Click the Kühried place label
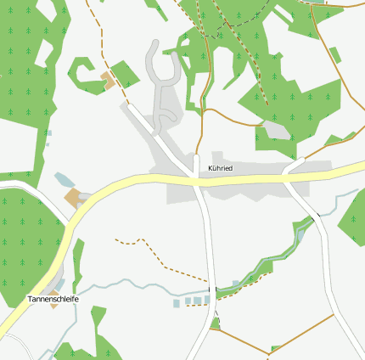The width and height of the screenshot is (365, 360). click(x=220, y=169)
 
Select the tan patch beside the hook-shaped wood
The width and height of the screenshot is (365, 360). click(x=108, y=81)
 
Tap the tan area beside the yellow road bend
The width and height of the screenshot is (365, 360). click(x=74, y=199)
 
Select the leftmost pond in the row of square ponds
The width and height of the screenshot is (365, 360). click(x=177, y=303)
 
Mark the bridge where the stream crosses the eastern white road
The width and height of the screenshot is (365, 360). click(x=315, y=219)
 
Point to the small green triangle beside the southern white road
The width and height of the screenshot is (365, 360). click(x=215, y=323)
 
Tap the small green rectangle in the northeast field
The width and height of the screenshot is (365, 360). click(x=335, y=55)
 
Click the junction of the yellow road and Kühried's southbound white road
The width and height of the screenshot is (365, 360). click(x=197, y=179)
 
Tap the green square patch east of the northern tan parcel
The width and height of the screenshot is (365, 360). click(x=125, y=74)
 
